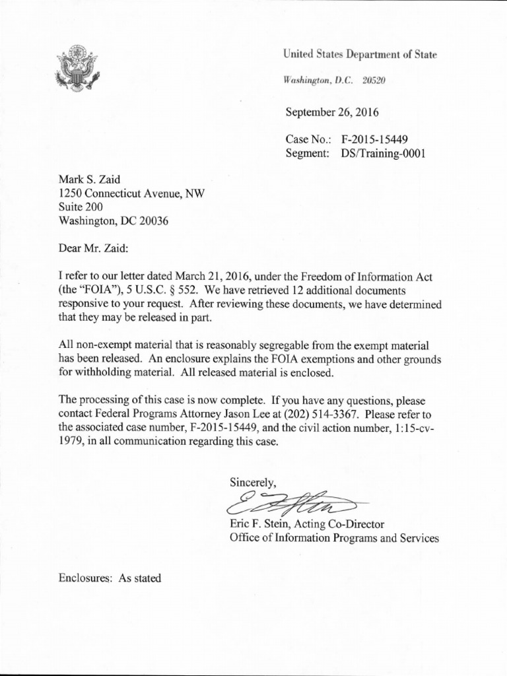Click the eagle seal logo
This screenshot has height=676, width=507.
(77, 67)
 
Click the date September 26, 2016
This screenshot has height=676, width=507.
(332, 112)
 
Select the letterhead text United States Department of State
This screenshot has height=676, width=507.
(360, 55)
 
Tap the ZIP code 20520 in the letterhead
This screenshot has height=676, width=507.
(373, 81)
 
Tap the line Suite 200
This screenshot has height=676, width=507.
(81, 207)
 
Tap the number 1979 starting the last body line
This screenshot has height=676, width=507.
(70, 442)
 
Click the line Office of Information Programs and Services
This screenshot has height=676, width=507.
(333, 538)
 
